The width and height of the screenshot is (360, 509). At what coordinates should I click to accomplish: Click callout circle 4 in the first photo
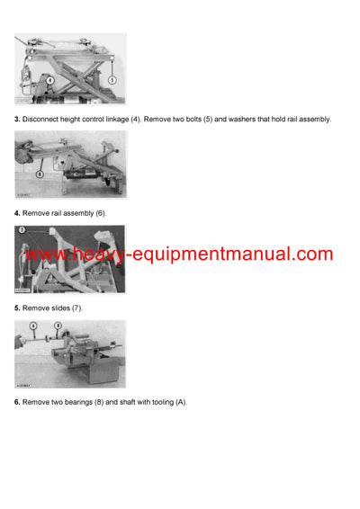[49, 80]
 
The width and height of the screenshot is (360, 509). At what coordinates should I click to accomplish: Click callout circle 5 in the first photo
[112, 80]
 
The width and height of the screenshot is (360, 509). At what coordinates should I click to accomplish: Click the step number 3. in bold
[17, 119]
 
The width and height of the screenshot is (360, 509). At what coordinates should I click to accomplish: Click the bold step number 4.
[17, 213]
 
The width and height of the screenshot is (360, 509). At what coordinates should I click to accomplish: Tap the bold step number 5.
[17, 308]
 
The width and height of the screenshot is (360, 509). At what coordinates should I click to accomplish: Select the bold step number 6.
[17, 402]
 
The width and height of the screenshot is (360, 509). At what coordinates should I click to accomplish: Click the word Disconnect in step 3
[40, 119]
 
